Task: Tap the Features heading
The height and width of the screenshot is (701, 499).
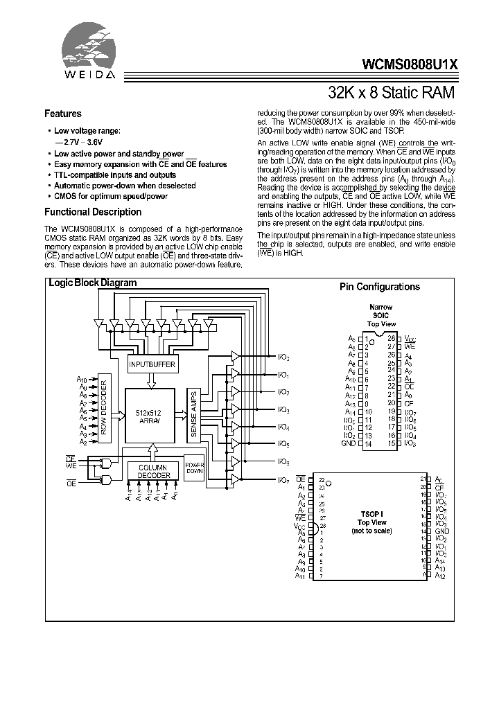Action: click(63, 114)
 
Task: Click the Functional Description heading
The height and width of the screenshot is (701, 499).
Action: click(93, 212)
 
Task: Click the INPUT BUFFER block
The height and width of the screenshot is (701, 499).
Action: click(152, 364)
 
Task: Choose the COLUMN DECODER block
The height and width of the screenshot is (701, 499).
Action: click(153, 471)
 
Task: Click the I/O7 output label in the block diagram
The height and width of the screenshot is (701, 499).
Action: click(283, 480)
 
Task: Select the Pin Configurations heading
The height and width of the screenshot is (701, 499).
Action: click(379, 287)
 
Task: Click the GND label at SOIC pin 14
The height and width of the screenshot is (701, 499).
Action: click(348, 443)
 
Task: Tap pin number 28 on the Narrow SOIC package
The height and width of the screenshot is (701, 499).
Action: click(391, 338)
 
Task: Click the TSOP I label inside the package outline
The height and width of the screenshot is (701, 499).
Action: click(373, 514)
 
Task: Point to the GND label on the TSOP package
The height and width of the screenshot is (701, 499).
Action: click(442, 531)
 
